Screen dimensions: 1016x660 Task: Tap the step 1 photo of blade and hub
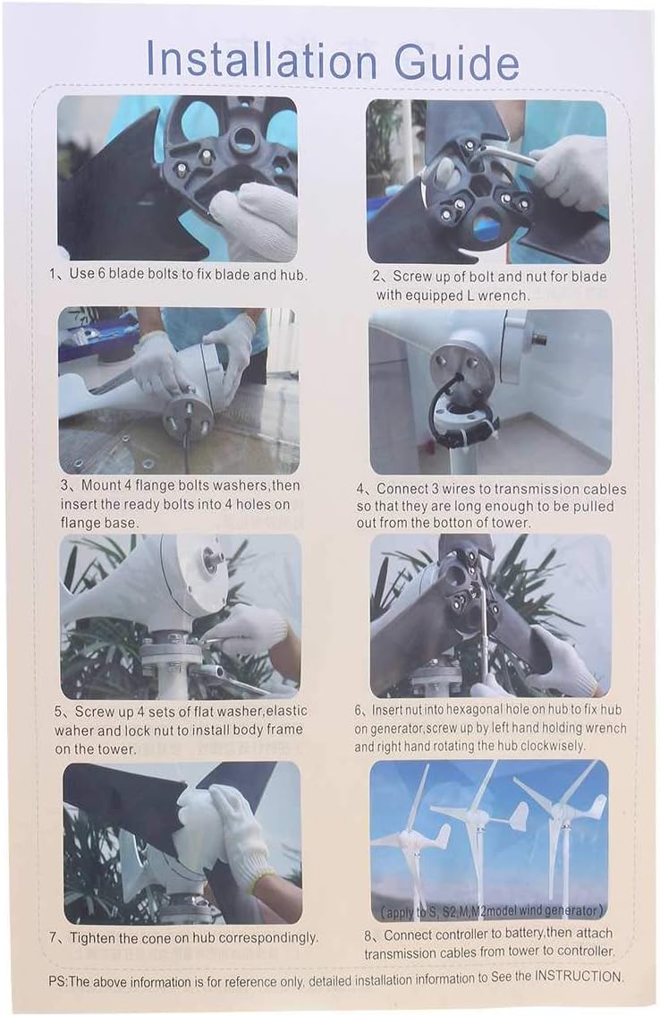(177, 178)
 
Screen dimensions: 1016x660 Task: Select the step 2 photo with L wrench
(487, 181)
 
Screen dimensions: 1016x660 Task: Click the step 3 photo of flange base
(179, 390)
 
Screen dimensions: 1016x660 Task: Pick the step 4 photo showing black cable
(490, 391)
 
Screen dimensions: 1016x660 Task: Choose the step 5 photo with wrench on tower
(181, 617)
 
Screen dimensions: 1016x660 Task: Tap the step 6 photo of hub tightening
(490, 616)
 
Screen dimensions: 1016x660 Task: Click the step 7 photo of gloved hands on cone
(182, 842)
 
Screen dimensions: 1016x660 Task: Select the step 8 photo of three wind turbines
(489, 839)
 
